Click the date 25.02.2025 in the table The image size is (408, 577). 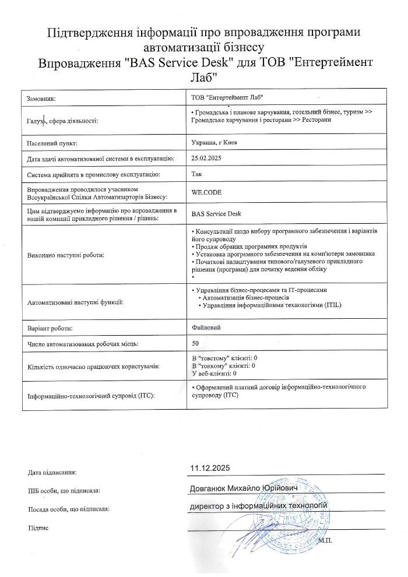(x=207, y=158)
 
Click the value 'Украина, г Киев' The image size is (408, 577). (x=213, y=142)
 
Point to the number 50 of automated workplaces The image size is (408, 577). (x=195, y=344)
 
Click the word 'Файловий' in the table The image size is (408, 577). (x=206, y=328)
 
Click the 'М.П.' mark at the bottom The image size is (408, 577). (x=325, y=541)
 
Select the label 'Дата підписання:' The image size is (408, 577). (x=52, y=472)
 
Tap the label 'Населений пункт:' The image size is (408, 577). (x=52, y=143)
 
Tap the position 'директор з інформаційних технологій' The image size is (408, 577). (x=259, y=505)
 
